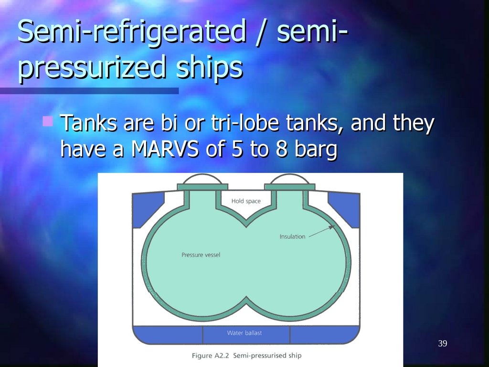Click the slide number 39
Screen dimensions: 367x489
click(442, 344)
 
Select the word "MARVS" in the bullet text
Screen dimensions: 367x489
click(164, 149)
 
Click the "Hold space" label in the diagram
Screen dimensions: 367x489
click(246, 201)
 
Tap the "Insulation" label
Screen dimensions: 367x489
click(292, 237)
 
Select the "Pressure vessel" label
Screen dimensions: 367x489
click(201, 255)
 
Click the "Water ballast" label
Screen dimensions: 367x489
click(244, 333)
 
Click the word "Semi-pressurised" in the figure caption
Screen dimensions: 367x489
click(258, 356)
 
